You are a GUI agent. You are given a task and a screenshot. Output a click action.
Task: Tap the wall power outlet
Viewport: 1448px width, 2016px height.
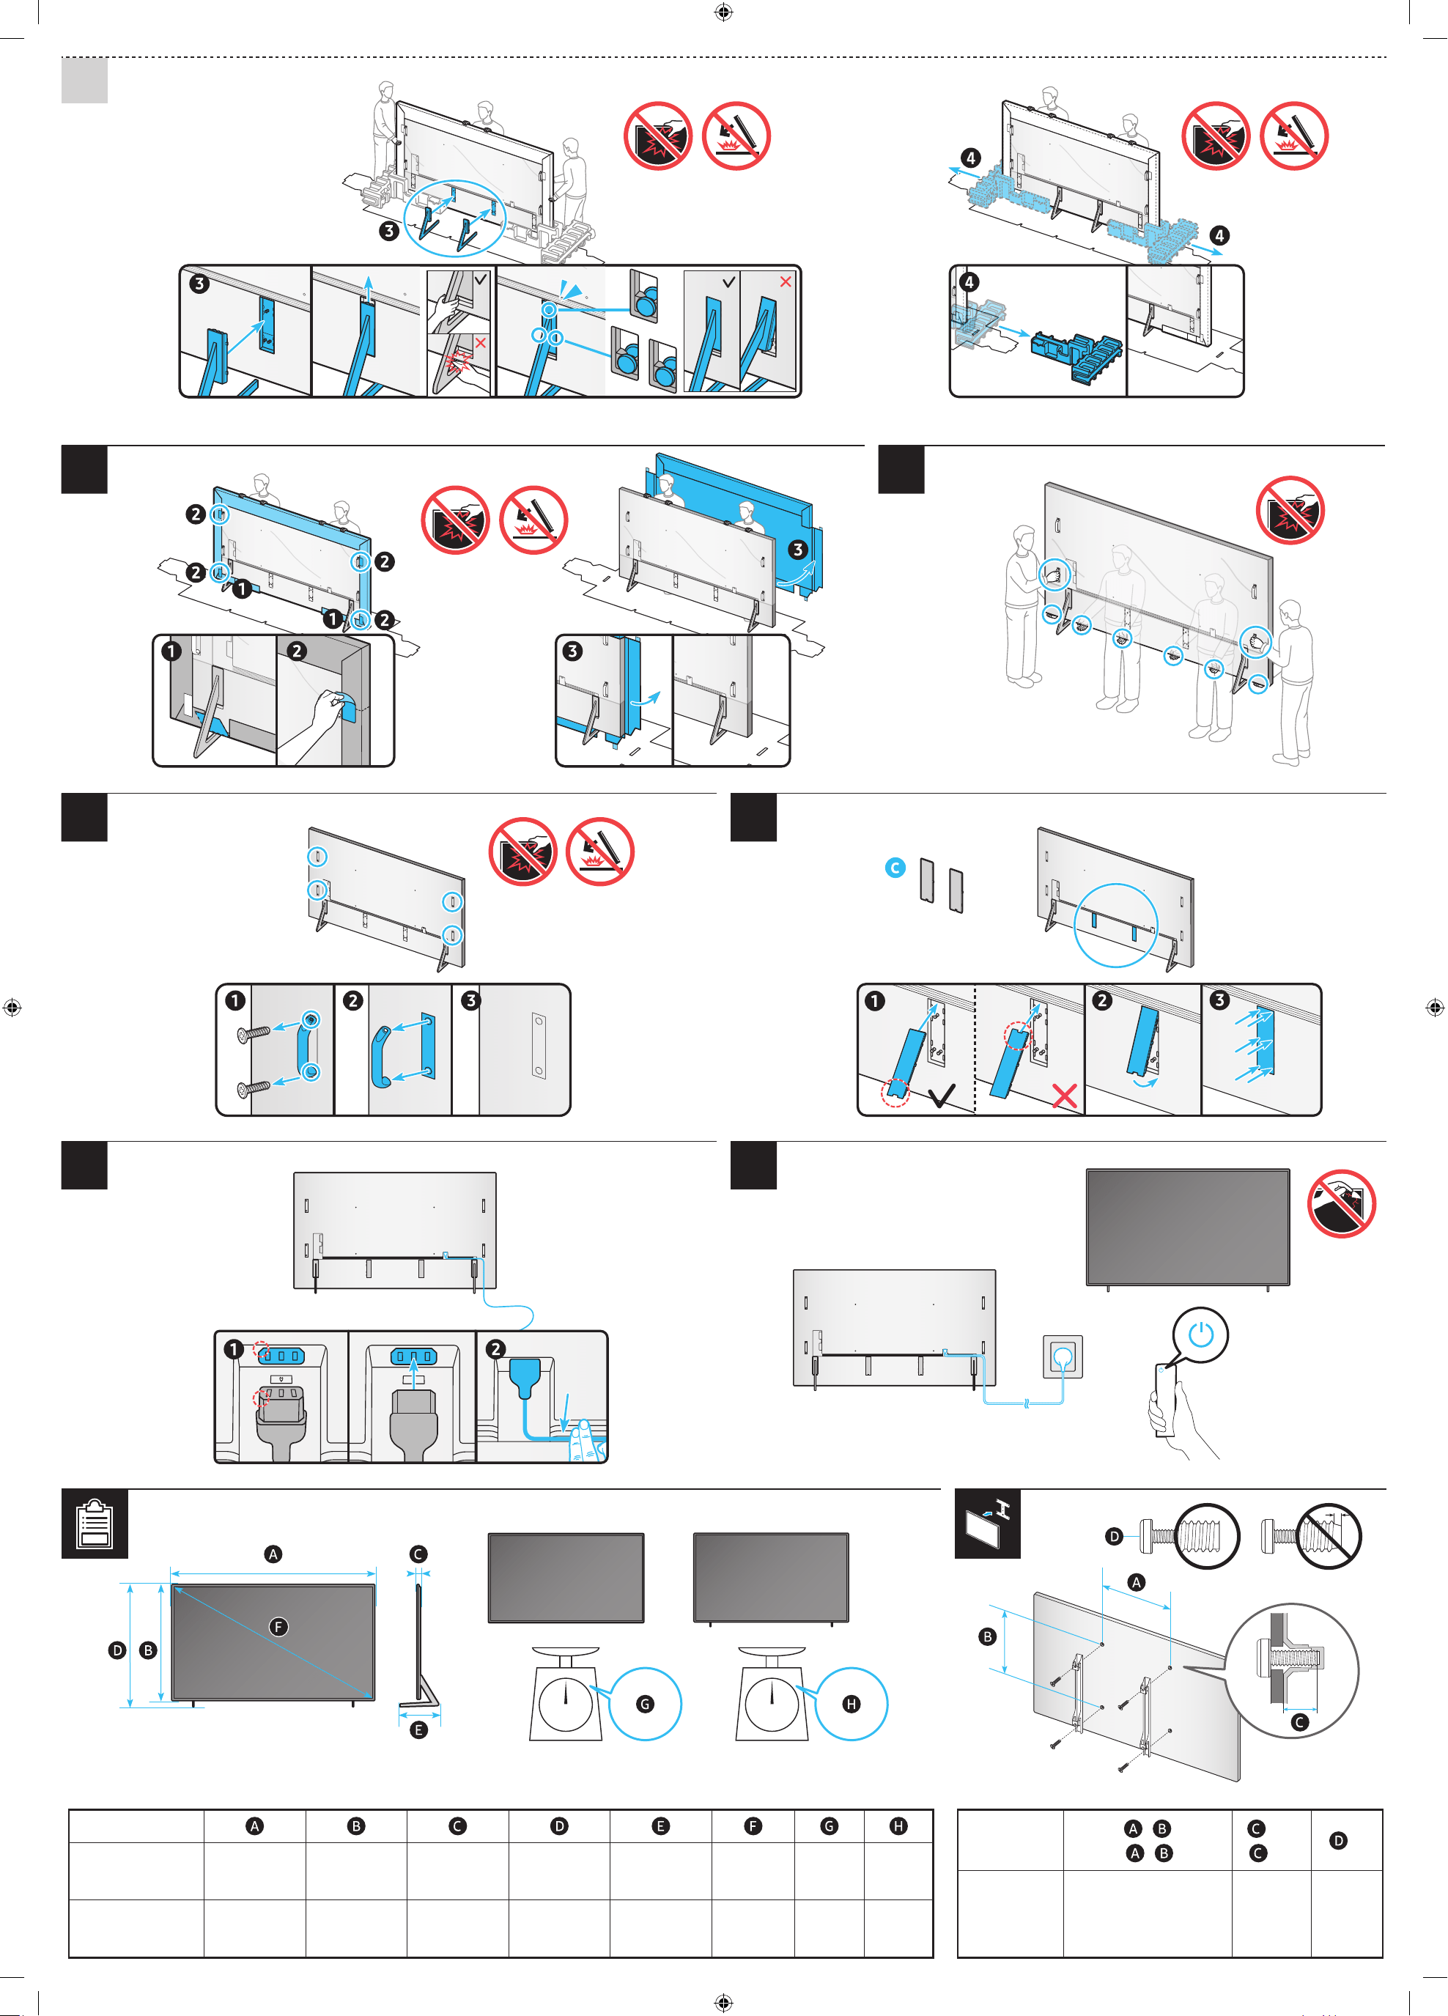coord(1063,1356)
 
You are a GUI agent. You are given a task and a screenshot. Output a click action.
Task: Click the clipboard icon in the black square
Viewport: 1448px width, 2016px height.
coord(95,1524)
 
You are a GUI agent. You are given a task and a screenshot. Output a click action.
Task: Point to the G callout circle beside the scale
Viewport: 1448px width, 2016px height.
coord(646,1704)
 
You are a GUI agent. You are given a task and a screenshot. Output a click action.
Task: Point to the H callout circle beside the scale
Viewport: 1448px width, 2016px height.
coord(852,1704)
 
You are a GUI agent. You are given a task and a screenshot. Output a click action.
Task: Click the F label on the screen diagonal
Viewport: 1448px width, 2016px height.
coord(278,1627)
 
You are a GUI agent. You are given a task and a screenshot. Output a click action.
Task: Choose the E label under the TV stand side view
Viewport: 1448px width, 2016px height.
coord(418,1729)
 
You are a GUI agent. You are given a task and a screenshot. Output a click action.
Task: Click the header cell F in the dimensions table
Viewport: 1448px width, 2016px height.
coord(753,1825)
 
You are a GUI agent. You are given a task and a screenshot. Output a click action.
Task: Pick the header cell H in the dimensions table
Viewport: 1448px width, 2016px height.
coord(898,1825)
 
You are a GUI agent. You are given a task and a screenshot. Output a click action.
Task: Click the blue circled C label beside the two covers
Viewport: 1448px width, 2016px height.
coord(895,868)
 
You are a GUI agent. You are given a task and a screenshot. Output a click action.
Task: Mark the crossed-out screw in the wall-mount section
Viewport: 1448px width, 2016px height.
coord(1311,1535)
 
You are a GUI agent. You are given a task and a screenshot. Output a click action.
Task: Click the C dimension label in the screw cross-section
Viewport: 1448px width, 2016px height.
coord(1299,1722)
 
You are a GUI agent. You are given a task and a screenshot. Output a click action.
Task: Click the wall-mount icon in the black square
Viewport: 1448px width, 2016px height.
coord(988,1524)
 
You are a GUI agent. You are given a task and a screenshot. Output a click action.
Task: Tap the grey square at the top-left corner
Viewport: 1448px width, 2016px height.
coord(84,80)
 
